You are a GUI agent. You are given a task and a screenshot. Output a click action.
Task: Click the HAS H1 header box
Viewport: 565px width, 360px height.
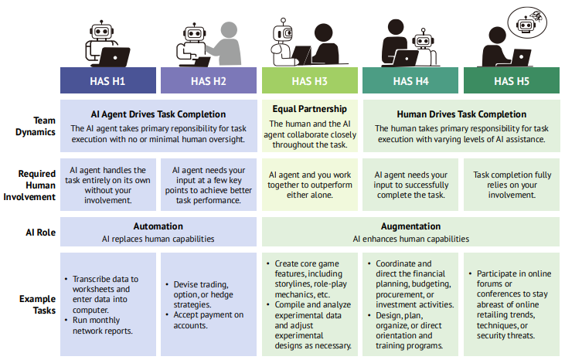108,80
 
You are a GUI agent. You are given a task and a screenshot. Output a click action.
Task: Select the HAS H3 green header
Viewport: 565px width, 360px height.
310,80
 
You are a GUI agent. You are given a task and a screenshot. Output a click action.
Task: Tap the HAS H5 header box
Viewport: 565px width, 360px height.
512,80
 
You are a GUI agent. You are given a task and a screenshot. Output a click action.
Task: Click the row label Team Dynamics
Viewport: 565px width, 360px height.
36,126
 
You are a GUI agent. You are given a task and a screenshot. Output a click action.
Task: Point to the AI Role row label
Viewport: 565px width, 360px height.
41,233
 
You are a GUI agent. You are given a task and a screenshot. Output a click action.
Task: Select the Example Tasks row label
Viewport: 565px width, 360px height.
37,304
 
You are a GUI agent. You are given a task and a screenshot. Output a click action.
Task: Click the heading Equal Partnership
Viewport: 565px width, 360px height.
310,109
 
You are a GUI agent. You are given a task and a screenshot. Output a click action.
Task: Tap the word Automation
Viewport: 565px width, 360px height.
158,226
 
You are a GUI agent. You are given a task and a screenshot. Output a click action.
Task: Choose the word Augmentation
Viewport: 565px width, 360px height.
410,226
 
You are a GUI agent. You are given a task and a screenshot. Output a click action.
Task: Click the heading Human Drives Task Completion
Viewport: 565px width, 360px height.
461,114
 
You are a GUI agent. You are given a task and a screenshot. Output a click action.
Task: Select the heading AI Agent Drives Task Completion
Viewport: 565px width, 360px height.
158,114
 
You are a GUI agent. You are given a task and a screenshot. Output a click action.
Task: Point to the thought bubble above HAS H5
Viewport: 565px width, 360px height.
527,22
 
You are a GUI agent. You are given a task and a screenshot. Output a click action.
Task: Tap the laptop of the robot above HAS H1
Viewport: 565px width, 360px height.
114,57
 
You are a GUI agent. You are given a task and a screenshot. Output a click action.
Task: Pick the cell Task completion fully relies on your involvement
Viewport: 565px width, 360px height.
512,185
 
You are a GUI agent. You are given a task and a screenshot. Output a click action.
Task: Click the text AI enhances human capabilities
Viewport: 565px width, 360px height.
410,239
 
